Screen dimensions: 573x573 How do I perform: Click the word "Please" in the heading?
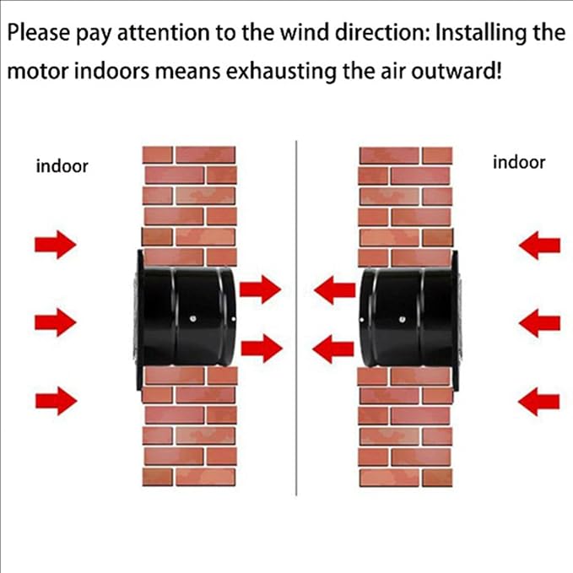point(38,33)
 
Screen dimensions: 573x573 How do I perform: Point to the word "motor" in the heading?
point(38,71)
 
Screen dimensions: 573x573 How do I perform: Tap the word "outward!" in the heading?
point(457,71)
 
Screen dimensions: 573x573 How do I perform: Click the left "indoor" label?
point(62,166)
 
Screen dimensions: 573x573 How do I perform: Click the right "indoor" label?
point(519,162)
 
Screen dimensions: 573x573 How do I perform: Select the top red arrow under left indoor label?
point(56,244)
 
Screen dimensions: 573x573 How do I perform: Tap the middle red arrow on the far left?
point(56,322)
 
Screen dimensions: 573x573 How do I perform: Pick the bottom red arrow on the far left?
point(56,401)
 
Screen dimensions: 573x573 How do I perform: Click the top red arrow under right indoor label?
point(539,246)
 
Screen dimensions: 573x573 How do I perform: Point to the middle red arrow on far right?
point(539,323)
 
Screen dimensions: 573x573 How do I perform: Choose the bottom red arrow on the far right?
point(539,402)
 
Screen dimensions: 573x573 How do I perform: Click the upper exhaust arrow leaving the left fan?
point(261,289)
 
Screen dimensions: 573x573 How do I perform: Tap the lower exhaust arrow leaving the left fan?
point(262,349)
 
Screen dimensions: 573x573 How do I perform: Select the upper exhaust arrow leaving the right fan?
point(335,290)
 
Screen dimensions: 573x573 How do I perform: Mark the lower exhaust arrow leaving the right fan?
point(333,349)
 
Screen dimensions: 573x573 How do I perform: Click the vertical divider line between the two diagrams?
point(296,318)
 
